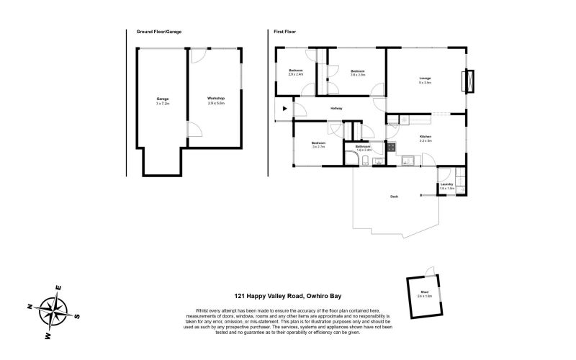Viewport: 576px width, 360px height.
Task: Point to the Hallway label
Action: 336,109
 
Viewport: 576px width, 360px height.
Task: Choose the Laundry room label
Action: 446,186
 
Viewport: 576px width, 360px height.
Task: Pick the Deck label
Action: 394,196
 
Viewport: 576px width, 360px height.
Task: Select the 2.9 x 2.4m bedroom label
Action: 296,72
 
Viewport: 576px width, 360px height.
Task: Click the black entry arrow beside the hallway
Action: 285,109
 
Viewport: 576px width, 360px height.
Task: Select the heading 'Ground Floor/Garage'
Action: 158,32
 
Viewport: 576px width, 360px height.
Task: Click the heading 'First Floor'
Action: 284,32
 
